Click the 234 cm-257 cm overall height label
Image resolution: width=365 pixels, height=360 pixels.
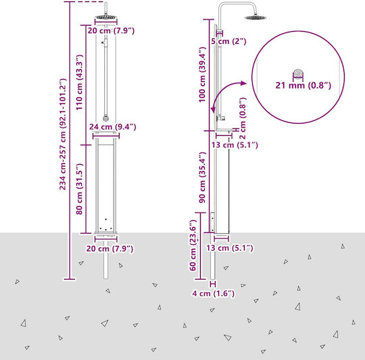(x=63, y=134)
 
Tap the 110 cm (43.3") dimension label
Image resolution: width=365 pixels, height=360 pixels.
(x=79, y=82)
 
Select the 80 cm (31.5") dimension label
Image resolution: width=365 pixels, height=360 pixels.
(x=79, y=189)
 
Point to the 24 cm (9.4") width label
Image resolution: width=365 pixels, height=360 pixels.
(x=113, y=127)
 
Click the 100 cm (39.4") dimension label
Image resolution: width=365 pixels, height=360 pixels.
(x=202, y=74)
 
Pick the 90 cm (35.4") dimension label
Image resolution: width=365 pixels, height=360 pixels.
(x=202, y=178)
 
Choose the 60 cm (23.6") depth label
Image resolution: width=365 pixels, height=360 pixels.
(x=193, y=245)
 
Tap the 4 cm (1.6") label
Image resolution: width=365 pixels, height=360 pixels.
(x=213, y=294)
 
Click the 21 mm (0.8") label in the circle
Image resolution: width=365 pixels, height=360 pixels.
(x=303, y=86)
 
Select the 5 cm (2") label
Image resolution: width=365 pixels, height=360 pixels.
(x=228, y=41)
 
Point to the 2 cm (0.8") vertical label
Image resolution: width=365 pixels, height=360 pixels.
(x=243, y=118)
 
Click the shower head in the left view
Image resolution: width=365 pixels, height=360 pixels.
(x=106, y=17)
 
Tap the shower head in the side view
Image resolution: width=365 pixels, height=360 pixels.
(x=255, y=18)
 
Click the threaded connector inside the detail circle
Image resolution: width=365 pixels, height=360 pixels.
(x=298, y=73)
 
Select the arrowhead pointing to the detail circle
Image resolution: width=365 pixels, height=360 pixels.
(x=243, y=83)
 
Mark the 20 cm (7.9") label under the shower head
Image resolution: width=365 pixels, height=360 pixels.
(x=111, y=30)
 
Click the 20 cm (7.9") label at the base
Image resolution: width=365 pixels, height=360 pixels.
(x=109, y=249)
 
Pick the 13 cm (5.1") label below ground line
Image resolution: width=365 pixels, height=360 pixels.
(x=230, y=248)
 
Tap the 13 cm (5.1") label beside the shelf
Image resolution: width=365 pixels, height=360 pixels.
(x=235, y=145)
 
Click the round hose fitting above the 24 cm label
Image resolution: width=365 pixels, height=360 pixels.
(x=106, y=118)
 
